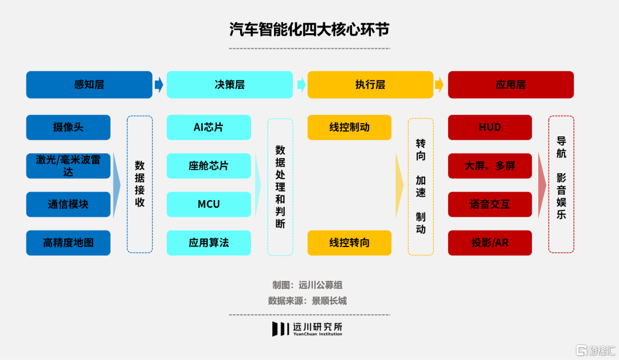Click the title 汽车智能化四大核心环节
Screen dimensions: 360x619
click(309, 30)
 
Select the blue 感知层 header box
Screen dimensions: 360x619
click(89, 85)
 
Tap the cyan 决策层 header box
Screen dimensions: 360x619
click(230, 85)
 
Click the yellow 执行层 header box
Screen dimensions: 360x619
click(370, 85)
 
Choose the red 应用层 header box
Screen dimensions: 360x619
click(511, 85)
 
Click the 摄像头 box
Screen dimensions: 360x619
click(68, 127)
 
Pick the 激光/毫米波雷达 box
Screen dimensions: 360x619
click(68, 166)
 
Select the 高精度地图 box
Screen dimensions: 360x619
click(68, 242)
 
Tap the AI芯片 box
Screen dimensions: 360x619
click(209, 127)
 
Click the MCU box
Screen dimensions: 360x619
click(209, 204)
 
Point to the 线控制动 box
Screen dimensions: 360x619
click(350, 127)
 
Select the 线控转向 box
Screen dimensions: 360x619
click(350, 242)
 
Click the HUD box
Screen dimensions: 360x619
click(490, 127)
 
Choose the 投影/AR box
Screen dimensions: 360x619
click(490, 242)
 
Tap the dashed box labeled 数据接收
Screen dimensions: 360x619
click(140, 184)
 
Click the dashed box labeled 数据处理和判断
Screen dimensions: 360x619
click(280, 186)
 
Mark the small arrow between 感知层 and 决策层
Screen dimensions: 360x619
click(159, 85)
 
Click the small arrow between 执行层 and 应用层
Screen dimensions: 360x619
click(440, 85)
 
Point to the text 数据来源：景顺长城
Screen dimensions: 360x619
click(307, 300)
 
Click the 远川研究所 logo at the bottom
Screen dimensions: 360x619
click(308, 328)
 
